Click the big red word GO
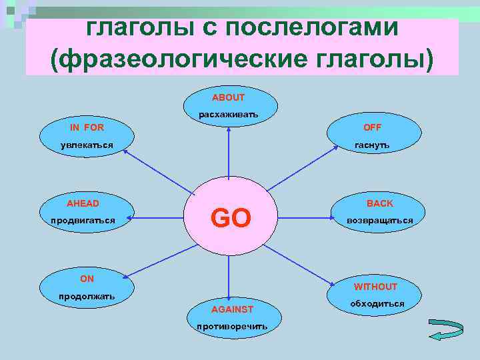click(x=230, y=218)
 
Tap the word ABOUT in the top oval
click(x=228, y=97)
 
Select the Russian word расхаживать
click(x=228, y=115)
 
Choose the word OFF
click(x=372, y=127)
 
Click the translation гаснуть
click(x=372, y=145)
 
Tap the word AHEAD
click(x=83, y=203)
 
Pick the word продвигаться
click(x=83, y=220)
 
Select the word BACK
click(x=380, y=203)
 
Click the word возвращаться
click(x=379, y=220)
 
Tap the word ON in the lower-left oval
click(x=87, y=279)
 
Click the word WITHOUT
click(x=375, y=287)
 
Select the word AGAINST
click(x=232, y=309)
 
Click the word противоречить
click(x=232, y=327)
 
